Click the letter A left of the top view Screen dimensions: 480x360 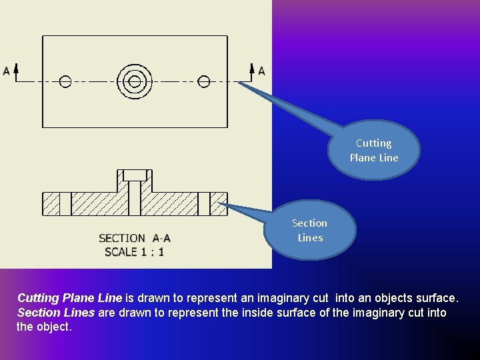point(6,71)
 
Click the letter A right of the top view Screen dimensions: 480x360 point(261,71)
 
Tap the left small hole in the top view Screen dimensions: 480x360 point(65,82)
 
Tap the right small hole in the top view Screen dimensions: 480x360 point(204,82)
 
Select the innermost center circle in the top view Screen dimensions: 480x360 point(135,82)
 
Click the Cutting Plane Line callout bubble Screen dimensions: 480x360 point(374,150)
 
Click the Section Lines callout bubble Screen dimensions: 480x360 point(310,230)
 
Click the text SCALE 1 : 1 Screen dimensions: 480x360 point(134,251)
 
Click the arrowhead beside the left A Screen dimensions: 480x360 point(16,68)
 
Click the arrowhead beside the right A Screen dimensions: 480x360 point(252,68)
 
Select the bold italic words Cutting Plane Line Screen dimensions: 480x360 point(69,297)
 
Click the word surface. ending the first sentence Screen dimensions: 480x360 point(437,297)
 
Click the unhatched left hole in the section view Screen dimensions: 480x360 point(65,204)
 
